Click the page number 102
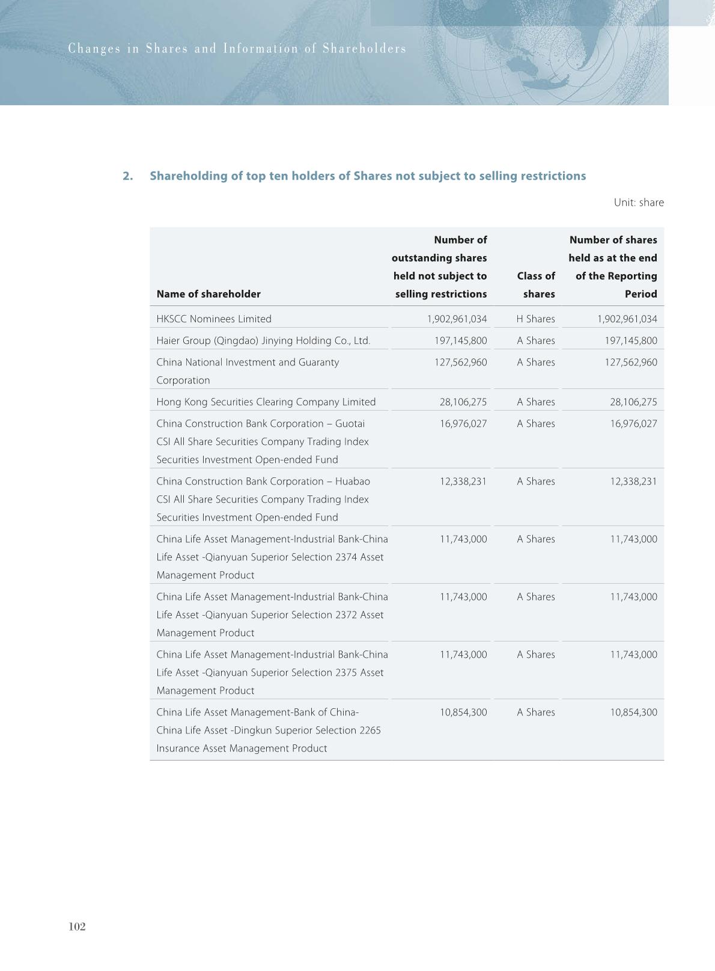[x=78, y=927]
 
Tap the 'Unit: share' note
[x=638, y=203]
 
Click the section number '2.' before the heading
[x=127, y=176]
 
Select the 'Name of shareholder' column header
[x=208, y=294]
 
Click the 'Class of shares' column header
[x=535, y=285]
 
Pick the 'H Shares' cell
[x=535, y=319]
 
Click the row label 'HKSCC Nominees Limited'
[x=214, y=319]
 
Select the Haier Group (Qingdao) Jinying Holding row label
[x=263, y=340]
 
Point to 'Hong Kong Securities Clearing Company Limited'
[x=266, y=402]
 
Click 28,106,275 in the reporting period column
[x=633, y=402]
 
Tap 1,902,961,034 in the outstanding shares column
[x=457, y=319]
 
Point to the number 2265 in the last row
[x=370, y=730]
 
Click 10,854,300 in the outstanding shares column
[x=463, y=712]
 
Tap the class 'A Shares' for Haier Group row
[x=535, y=340]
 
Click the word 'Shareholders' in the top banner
[x=364, y=49]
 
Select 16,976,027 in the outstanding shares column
[x=463, y=423]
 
